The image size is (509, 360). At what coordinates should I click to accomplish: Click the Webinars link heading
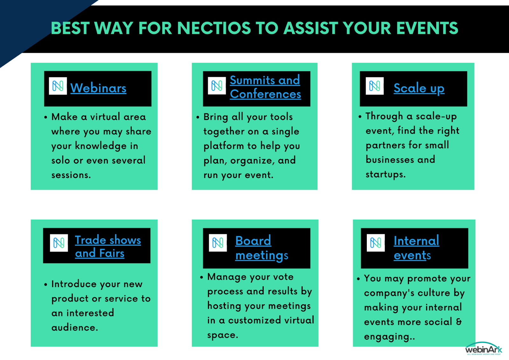click(x=98, y=88)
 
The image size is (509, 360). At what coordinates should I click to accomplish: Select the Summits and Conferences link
click(x=265, y=87)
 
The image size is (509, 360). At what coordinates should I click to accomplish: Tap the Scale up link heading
click(x=419, y=88)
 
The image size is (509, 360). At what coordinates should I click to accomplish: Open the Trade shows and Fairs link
click(x=108, y=246)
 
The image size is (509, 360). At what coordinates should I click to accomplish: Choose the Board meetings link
click(x=261, y=248)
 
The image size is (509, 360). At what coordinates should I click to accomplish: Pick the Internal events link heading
click(x=416, y=248)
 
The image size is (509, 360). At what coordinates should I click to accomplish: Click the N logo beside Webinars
click(x=58, y=86)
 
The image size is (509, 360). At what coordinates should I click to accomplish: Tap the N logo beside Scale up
click(x=375, y=86)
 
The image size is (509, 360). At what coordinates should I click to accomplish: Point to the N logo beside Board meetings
click(x=218, y=243)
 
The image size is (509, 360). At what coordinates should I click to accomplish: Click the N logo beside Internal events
click(x=376, y=243)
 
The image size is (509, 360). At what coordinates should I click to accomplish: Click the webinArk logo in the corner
click(x=484, y=349)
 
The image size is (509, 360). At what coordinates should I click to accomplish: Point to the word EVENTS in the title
click(x=428, y=28)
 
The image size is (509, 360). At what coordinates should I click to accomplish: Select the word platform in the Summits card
click(x=224, y=146)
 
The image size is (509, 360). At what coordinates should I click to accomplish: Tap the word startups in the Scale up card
click(x=385, y=174)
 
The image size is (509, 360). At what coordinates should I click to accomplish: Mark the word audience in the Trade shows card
click(x=74, y=328)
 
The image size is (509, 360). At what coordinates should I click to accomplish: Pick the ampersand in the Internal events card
click(x=459, y=321)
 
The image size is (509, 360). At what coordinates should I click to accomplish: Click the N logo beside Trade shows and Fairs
click(x=59, y=243)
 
